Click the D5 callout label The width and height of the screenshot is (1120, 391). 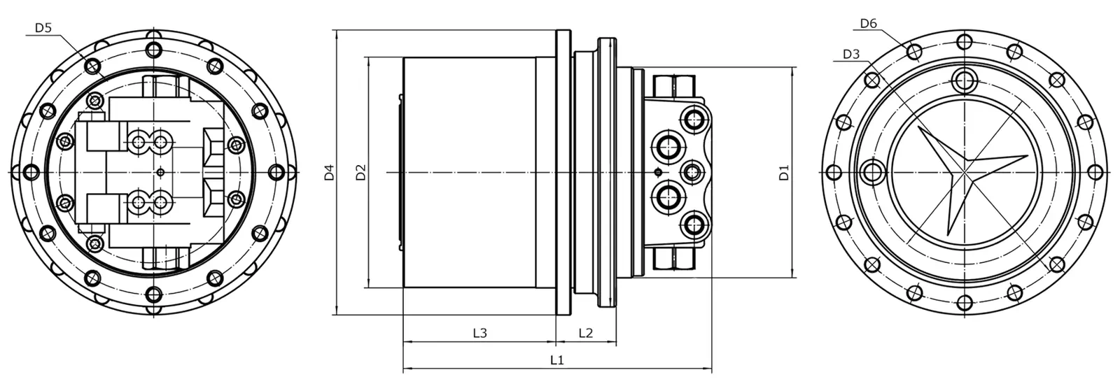click(43, 28)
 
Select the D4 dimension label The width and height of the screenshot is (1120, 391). click(328, 172)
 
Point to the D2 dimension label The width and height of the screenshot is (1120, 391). click(360, 172)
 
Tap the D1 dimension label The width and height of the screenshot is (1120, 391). click(784, 172)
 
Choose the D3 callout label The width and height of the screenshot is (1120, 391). click(850, 54)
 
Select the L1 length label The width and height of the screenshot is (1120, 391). click(557, 360)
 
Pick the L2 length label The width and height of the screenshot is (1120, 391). click(586, 333)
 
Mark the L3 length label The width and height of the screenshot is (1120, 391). click(479, 333)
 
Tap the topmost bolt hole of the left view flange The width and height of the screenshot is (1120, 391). click(153, 49)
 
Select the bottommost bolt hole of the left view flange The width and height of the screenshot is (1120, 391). click(153, 294)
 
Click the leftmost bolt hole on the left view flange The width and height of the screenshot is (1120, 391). click(31, 171)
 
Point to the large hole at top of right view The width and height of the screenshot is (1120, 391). click(965, 78)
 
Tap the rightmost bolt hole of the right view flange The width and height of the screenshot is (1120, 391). click(1095, 171)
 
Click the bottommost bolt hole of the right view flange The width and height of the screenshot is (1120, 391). click(965, 302)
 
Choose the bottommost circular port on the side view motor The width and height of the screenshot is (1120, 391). click(695, 225)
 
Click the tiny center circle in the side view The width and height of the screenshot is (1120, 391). click(656, 171)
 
